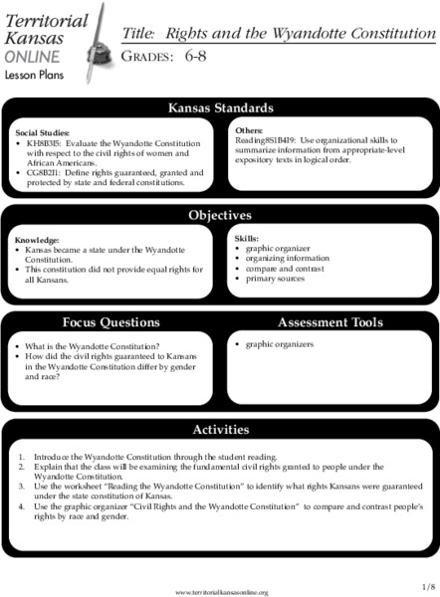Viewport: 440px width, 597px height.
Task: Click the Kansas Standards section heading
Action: pyautogui.click(x=220, y=107)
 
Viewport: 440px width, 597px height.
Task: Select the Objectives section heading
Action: pyautogui.click(x=220, y=215)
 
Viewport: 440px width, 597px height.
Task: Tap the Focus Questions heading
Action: pyautogui.click(x=110, y=322)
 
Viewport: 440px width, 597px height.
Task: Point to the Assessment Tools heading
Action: pyautogui.click(x=330, y=322)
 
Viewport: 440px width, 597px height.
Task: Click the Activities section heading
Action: pyautogui.click(x=220, y=430)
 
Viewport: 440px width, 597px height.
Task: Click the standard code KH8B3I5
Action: pyautogui.click(x=47, y=143)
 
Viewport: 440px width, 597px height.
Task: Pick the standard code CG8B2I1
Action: pyautogui.click(x=47, y=172)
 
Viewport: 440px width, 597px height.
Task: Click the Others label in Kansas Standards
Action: pyautogui.click(x=250, y=130)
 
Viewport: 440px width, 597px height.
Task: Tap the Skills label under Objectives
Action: pyautogui.click(x=246, y=240)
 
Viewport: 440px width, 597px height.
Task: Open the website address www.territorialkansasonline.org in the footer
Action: pyautogui.click(x=221, y=592)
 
